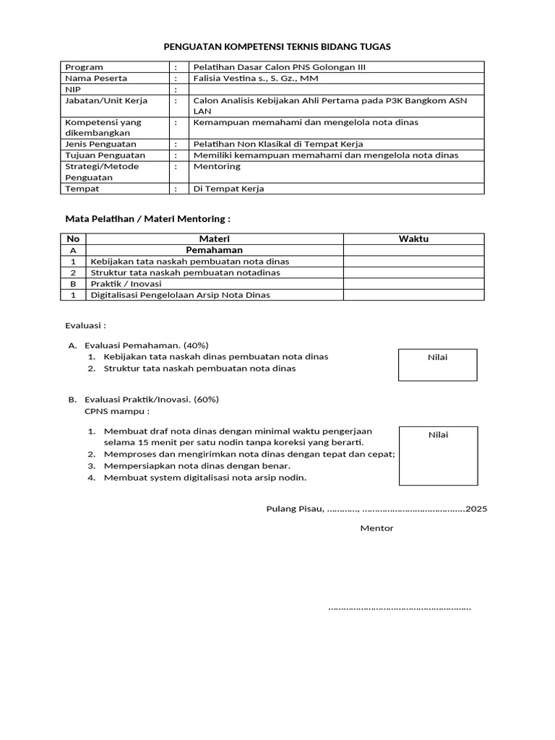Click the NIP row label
(x=74, y=90)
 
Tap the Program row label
(x=84, y=67)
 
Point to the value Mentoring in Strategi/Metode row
(x=217, y=166)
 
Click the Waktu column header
(x=413, y=239)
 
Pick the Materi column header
(x=215, y=239)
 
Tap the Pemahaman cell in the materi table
(x=214, y=250)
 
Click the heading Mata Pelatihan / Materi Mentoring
(x=147, y=218)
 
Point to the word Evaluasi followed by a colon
(x=85, y=326)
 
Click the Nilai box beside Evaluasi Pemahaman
(x=438, y=365)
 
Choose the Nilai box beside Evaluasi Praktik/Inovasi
(x=438, y=456)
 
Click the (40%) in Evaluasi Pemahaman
(x=196, y=345)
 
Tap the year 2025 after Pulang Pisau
(x=476, y=509)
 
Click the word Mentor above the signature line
(x=377, y=528)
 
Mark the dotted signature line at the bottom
(x=400, y=608)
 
